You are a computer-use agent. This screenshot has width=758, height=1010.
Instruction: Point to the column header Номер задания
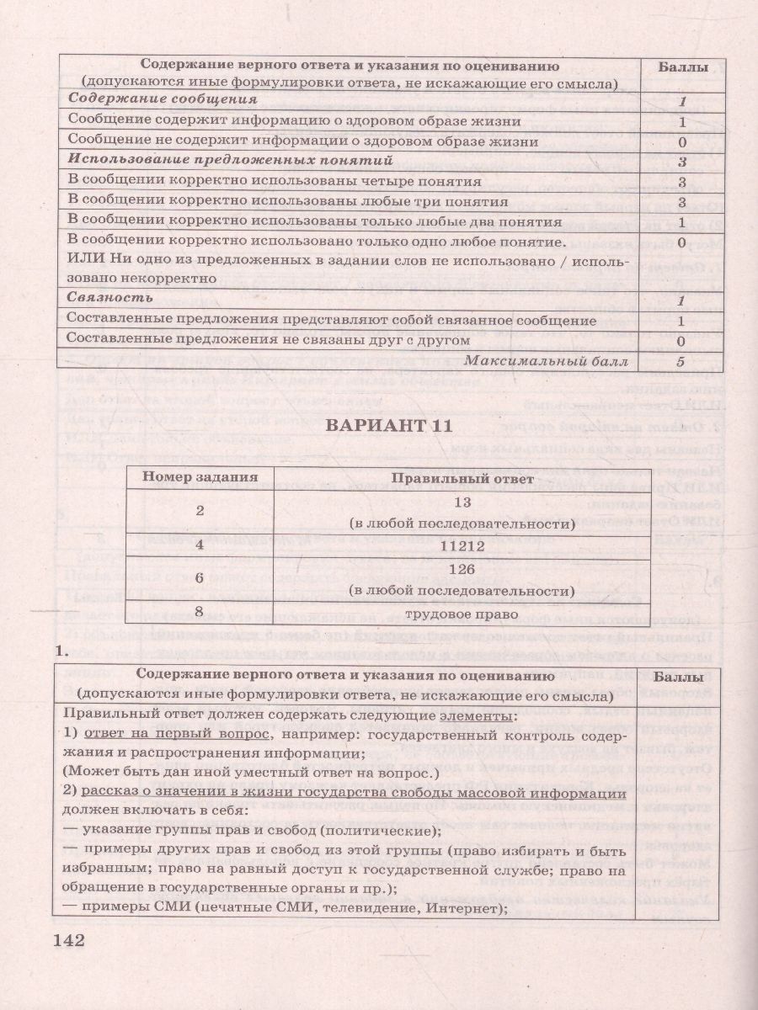pyautogui.click(x=200, y=478)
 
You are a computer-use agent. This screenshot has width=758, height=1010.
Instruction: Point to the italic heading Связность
pyautogui.click(x=110, y=298)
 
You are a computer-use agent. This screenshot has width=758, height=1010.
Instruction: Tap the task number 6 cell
pyautogui.click(x=200, y=579)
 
